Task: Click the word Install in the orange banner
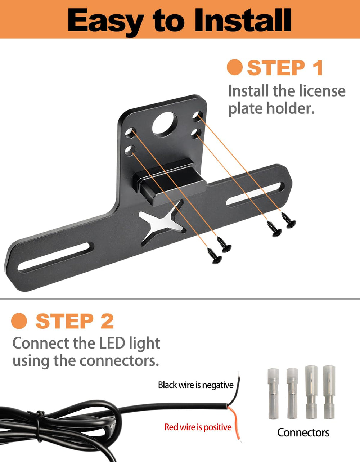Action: click(x=242, y=20)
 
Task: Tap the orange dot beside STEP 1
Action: click(x=235, y=67)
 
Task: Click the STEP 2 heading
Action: click(x=75, y=321)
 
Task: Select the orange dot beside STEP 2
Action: click(x=19, y=321)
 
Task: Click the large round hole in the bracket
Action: click(x=165, y=123)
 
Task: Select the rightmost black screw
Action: click(x=289, y=220)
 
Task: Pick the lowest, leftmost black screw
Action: click(x=215, y=256)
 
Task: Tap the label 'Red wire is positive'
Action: click(x=198, y=427)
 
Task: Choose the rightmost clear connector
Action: click(x=329, y=392)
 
